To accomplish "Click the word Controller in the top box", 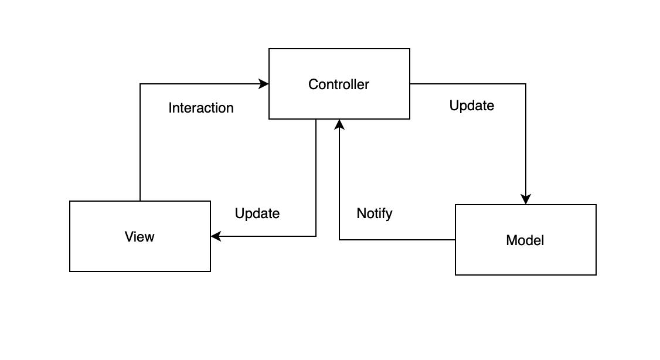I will (339, 84).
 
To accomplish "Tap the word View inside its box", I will (140, 237).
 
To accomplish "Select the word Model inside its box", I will (525, 240).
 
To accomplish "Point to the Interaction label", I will (201, 108).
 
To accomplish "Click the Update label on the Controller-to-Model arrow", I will (471, 106).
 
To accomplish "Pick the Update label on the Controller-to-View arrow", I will (257, 213).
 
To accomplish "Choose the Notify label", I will (375, 213).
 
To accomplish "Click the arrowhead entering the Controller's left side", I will (264, 84).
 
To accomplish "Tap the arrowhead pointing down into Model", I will (526, 199).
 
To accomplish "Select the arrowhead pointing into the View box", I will (215, 236).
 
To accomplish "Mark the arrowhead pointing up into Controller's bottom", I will (339, 124).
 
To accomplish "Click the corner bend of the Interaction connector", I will (140, 84).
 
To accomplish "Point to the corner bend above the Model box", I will (526, 84).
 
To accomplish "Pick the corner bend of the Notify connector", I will (339, 240).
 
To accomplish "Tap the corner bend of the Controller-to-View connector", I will (316, 236).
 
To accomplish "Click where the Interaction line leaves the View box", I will (140, 201).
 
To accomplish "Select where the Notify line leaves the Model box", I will (455, 240).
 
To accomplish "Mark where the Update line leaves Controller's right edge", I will (410, 84).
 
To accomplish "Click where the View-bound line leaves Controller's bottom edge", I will (316, 119).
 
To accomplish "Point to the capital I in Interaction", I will (170, 108).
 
